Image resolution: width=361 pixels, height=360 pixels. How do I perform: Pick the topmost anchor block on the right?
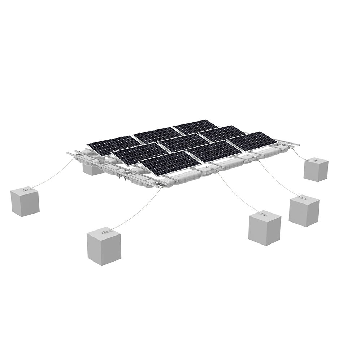pos(316,169)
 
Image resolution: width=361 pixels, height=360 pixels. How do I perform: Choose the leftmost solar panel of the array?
pos(114,145)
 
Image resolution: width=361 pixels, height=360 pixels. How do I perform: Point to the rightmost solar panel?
pos(252,141)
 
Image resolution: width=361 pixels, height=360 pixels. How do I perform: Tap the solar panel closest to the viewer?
pos(170,163)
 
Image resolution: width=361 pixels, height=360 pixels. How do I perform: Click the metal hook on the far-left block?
pos(26,189)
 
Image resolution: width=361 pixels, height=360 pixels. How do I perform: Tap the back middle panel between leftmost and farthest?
pos(157,135)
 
